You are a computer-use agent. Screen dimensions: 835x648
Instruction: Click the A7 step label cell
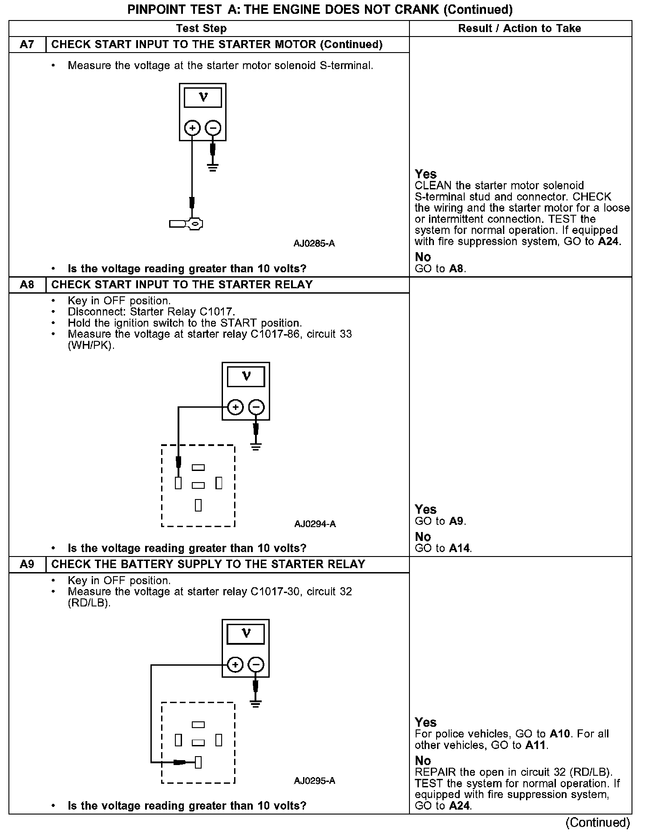pos(27,45)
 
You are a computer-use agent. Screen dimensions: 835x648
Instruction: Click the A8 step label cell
pos(27,285)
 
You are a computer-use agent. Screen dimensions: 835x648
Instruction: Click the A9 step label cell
pos(27,564)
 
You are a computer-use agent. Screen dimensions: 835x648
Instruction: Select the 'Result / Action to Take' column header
pos(519,29)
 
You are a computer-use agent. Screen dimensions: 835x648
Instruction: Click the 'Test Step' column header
pos(201,29)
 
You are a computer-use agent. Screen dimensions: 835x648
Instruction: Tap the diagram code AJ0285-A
pos(314,244)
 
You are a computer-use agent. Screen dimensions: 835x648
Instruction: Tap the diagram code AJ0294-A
pos(315,524)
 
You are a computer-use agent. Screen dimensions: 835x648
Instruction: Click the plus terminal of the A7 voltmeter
pos(192,128)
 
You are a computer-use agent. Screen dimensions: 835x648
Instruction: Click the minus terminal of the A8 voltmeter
pos(256,407)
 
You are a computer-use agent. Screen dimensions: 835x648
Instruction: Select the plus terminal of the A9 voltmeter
pos(235,665)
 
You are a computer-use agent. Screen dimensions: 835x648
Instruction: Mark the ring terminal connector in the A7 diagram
pos(187,223)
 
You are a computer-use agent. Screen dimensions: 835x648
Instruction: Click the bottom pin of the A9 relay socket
pos(198,762)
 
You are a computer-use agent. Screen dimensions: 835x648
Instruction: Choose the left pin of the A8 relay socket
pos(178,483)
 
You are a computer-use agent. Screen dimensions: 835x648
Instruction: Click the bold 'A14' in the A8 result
pos(459,548)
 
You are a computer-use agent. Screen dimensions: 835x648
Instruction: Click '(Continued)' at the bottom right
pos(598,823)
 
